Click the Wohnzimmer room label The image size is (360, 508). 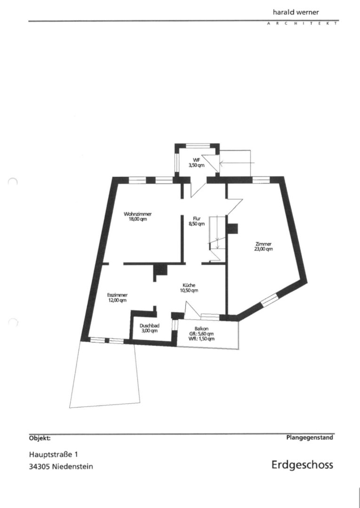138,214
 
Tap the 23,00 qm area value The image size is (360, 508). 264,249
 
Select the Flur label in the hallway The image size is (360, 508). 197,219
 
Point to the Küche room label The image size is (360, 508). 189,286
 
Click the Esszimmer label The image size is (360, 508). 117,295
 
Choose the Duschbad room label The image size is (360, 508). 149,326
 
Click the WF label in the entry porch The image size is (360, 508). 196,160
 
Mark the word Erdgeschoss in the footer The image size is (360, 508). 302,465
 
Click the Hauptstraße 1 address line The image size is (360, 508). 54,454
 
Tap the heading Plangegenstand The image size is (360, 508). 310,437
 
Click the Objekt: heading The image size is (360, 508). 40,438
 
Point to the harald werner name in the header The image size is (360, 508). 296,12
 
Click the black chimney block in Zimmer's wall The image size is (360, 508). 232,229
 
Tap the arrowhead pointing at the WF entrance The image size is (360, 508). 222,162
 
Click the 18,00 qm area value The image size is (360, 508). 138,219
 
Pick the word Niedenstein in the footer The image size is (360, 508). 72,467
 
